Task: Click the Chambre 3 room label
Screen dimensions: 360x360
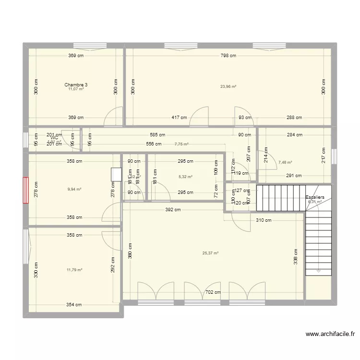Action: pos(76,85)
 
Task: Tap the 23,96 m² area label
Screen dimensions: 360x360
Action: pos(228,87)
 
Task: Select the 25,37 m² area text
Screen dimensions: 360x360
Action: pos(211,253)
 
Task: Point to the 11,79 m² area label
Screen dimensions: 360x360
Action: pos(74,270)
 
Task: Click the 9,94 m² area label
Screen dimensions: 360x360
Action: pos(74,189)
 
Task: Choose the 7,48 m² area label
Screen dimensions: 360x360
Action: pos(285,162)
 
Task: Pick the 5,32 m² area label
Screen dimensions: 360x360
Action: pos(185,177)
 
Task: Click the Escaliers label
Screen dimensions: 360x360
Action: pos(315,197)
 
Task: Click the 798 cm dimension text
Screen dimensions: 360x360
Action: pos(228,56)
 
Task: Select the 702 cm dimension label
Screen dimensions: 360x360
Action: pos(213,292)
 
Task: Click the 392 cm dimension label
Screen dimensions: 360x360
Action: pos(173,210)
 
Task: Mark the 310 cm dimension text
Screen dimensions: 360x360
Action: pos(264,221)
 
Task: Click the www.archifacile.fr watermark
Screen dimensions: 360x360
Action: pos(330,335)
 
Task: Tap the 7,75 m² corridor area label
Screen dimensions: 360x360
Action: pos(181,144)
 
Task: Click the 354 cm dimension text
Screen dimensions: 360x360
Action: pos(74,305)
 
